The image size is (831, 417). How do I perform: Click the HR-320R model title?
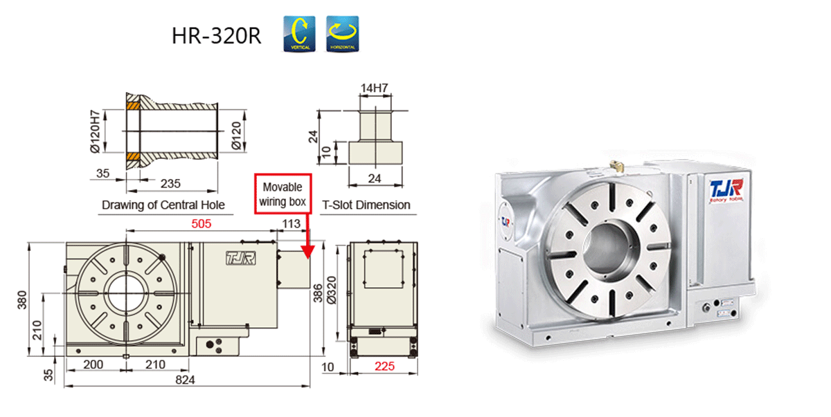pyautogui.click(x=216, y=36)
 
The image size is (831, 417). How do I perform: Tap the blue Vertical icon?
pyautogui.click(x=299, y=34)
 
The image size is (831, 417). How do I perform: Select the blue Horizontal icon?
pyautogui.click(x=343, y=34)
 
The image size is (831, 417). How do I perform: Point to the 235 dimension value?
pyautogui.click(x=170, y=183)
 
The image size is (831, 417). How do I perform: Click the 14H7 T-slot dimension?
pyautogui.click(x=374, y=88)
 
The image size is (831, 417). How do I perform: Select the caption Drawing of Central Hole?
pyautogui.click(x=163, y=205)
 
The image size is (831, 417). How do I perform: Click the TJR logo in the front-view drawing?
pyautogui.click(x=236, y=259)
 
